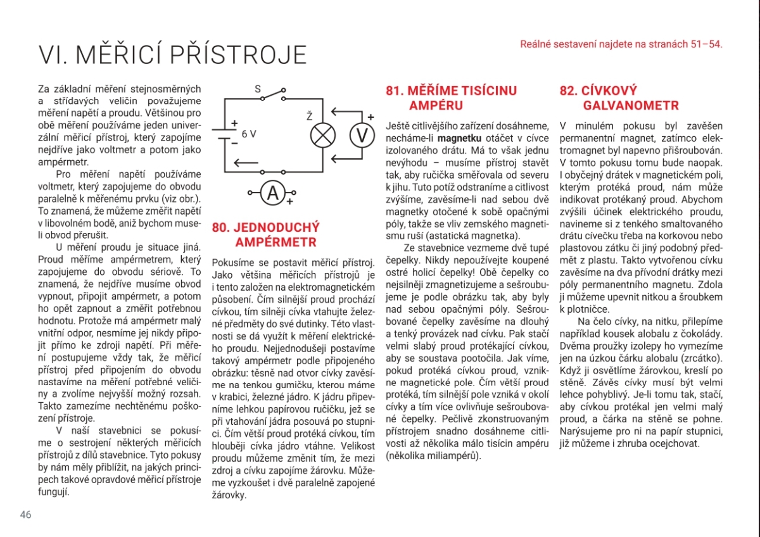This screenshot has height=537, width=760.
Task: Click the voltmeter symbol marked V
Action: point(362,136)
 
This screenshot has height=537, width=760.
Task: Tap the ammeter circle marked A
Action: point(274,193)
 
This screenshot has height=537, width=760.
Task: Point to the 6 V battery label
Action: point(249,134)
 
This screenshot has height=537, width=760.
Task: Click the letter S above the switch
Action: point(258,89)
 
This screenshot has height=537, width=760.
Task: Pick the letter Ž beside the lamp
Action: point(309,115)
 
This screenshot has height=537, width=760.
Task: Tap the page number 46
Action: point(25,514)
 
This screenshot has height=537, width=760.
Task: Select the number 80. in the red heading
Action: point(222,227)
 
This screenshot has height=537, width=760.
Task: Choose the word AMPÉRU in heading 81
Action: point(436,106)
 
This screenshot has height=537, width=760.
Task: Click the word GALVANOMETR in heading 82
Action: point(631,106)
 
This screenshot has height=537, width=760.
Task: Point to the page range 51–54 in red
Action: point(706,44)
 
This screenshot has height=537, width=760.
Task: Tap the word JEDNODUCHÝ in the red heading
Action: point(277,227)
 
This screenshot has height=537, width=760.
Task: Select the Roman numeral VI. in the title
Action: point(53,56)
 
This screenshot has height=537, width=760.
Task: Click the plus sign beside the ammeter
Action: point(289,202)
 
